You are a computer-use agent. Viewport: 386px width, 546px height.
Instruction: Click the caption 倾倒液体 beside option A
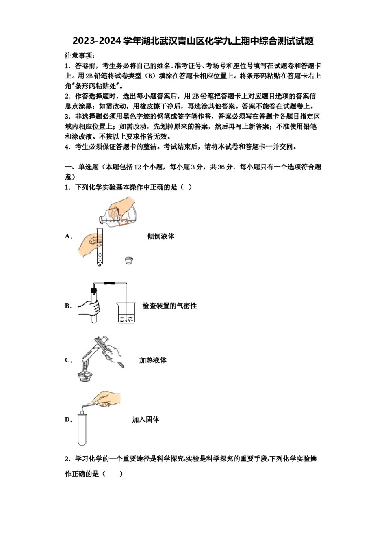[160, 236]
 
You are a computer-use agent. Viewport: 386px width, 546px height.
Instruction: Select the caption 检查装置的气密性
[169, 306]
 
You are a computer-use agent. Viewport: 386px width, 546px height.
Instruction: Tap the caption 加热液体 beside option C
[153, 360]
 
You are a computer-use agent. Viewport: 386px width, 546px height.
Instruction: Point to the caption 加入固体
[145, 420]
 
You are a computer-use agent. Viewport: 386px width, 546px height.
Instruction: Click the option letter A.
[68, 236]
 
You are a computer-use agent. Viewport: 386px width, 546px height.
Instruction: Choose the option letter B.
[68, 306]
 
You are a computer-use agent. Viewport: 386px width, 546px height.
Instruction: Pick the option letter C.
[68, 360]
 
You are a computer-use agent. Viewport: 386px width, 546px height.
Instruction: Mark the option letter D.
[68, 420]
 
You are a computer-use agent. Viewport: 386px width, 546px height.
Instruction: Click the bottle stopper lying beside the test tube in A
[129, 260]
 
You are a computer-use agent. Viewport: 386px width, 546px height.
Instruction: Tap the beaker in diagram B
[126, 313]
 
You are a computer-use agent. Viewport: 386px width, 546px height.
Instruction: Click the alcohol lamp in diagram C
[85, 374]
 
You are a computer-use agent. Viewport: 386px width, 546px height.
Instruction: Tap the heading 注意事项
[80, 56]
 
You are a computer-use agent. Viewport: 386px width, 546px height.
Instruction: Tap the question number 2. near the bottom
[68, 459]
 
